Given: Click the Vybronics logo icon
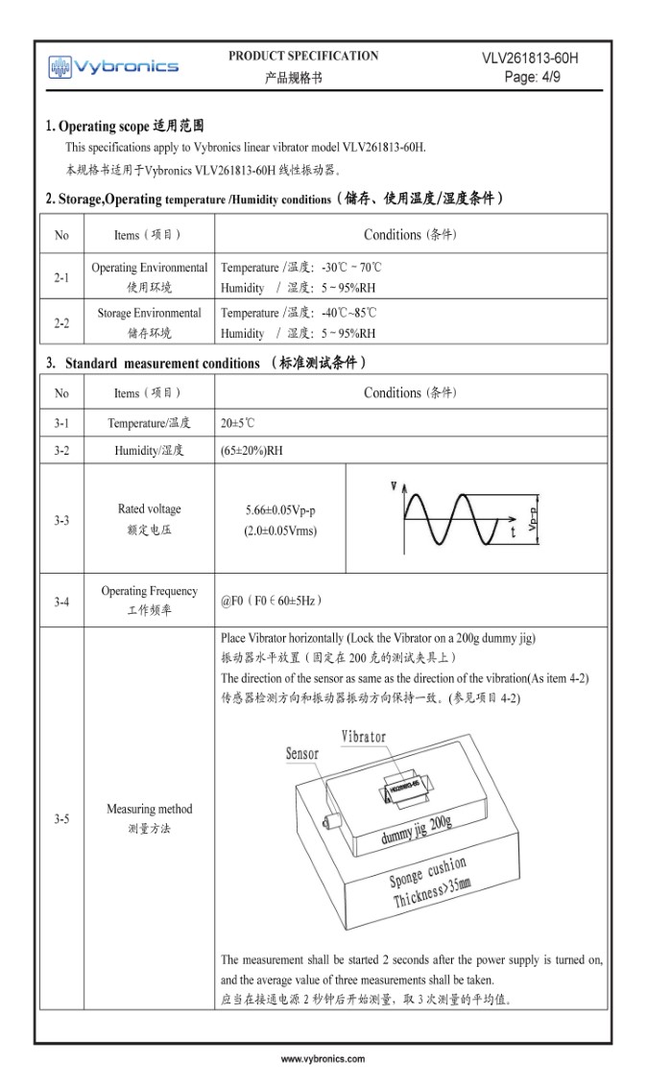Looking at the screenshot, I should click(60, 66).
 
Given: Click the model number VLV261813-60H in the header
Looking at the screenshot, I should click(530, 59).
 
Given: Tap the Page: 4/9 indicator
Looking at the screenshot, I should click(532, 78).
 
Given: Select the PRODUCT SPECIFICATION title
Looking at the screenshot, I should click(303, 56).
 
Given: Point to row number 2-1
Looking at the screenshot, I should click(61, 277).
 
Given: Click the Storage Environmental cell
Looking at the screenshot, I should click(149, 314).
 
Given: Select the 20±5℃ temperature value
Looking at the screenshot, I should click(238, 423).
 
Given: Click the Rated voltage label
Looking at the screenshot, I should click(149, 509).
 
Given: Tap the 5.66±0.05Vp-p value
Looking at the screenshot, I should click(280, 510).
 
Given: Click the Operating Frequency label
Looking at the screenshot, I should click(149, 591).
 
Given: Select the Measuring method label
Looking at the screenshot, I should click(149, 809).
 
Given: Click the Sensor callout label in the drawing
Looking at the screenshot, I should click(302, 754).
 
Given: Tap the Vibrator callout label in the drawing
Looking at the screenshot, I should click(364, 737).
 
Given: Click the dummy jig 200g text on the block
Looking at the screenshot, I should click(415, 830).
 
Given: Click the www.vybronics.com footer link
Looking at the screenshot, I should click(323, 1059).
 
